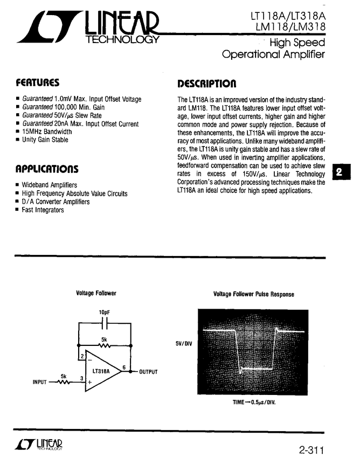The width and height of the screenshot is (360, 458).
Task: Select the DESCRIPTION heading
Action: point(206,84)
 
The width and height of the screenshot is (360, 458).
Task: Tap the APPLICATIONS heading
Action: point(47,169)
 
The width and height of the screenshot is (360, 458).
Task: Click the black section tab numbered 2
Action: point(340,172)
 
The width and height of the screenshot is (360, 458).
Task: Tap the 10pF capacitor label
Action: point(105,313)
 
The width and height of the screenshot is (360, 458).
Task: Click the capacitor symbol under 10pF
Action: point(105,323)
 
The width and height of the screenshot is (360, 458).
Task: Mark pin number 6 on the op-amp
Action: point(124,367)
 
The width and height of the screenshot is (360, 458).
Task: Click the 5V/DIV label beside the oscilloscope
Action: point(184,343)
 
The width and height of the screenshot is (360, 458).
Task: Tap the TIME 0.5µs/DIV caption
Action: point(250,402)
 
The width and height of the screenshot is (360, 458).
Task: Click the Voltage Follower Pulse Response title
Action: point(254,294)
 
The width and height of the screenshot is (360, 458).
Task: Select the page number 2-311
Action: point(312,448)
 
